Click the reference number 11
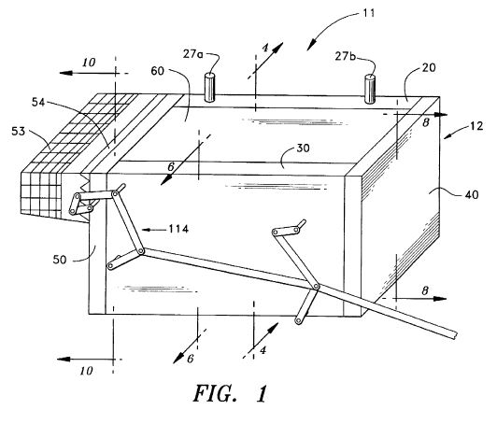pos(369,13)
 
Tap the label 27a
pos(192,54)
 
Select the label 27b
pos(346,56)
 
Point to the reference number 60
pos(157,71)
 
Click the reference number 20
pos(429,67)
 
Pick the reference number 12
pos(476,126)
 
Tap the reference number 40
pos(472,194)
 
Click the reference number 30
pos(303,148)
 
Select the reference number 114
pos(178,229)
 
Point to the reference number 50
pos(60,260)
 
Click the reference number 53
pos(18,131)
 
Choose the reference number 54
pos(38,103)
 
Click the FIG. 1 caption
pos(231,393)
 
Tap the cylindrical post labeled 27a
pos(209,88)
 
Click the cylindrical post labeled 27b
pos(370,89)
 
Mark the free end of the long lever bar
pos(455,335)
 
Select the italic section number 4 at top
pos(265,48)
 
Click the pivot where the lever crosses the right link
pos(316,287)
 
